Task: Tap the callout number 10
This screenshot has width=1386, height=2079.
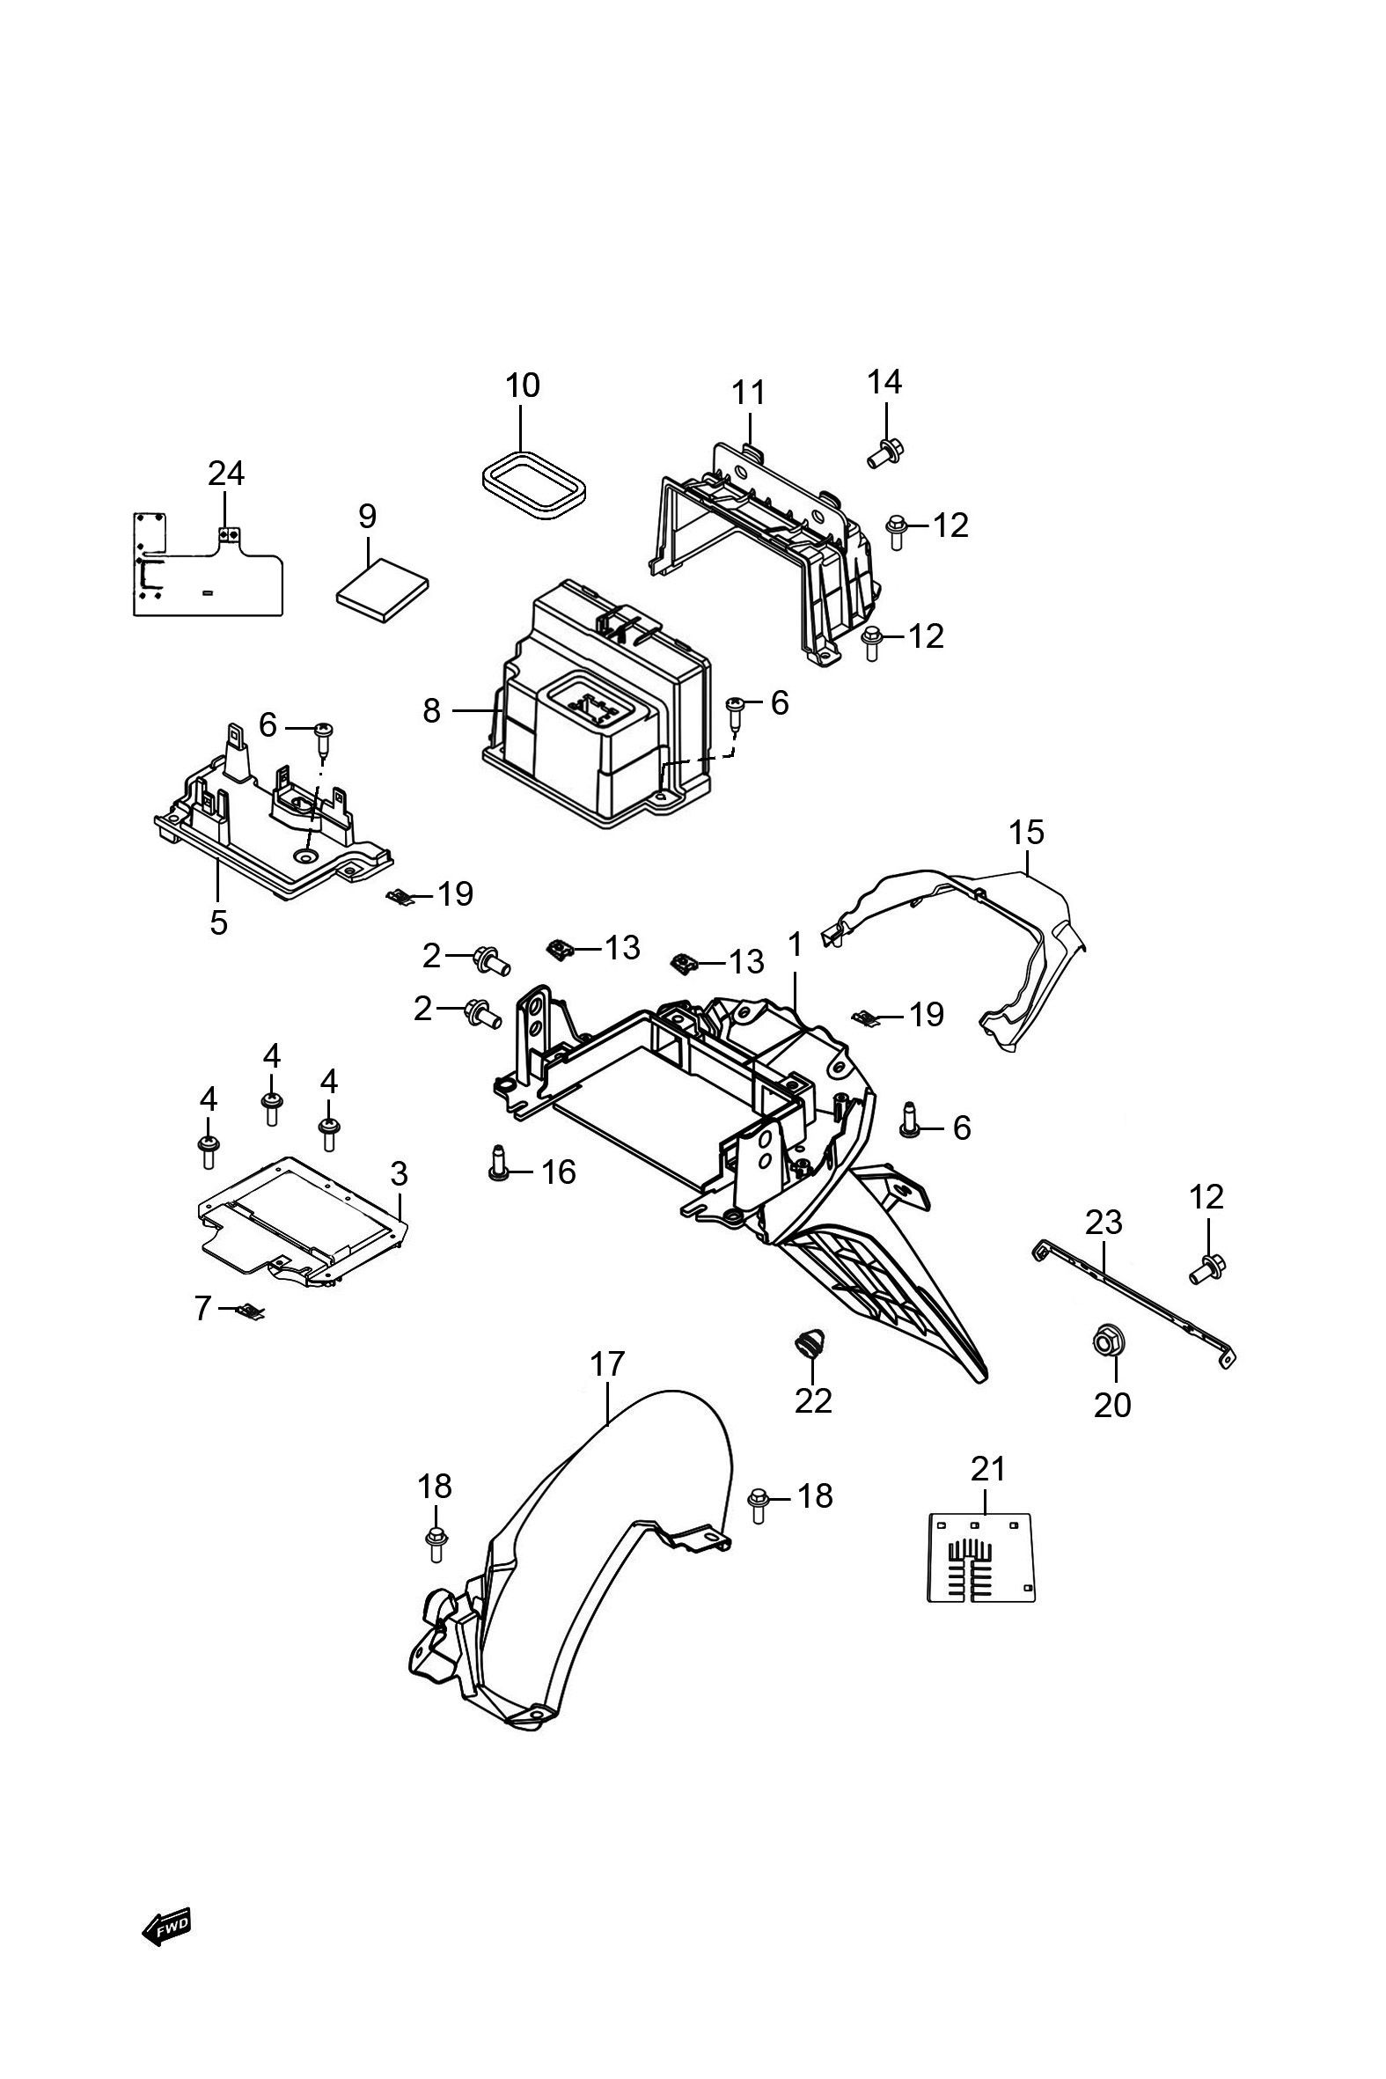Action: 523,386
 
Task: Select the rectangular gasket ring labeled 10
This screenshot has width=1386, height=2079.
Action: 533,483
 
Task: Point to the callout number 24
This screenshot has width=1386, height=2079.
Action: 225,474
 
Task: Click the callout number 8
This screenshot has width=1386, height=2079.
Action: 431,710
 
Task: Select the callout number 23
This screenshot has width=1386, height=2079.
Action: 1104,1223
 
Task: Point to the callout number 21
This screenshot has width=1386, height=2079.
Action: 988,1469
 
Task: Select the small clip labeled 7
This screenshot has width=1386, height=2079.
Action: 250,1311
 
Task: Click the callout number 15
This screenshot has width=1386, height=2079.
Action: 1026,832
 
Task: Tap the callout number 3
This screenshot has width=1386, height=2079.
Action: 399,1174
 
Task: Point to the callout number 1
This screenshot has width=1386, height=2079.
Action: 795,945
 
